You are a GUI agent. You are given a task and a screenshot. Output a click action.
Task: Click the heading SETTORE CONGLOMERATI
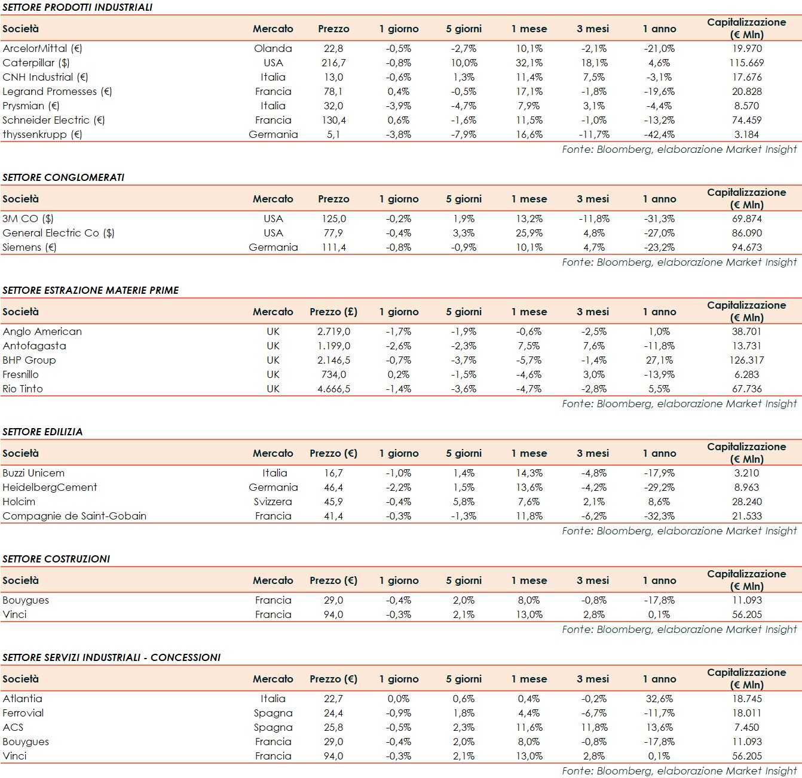(63, 177)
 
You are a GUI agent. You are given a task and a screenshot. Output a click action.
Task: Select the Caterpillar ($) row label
(36, 63)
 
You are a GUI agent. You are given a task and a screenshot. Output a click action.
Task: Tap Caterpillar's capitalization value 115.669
(746, 63)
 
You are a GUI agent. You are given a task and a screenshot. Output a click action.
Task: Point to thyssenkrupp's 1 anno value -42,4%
(659, 134)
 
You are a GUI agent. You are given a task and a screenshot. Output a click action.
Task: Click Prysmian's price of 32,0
(333, 106)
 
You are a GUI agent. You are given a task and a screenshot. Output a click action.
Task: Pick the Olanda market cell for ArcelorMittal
(273, 48)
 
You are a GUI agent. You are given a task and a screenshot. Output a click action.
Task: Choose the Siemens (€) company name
(29, 247)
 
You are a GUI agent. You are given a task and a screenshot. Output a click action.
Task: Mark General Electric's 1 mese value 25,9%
(529, 233)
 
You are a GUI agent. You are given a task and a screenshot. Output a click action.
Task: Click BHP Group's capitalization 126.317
(746, 360)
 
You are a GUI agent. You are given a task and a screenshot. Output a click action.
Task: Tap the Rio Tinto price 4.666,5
(333, 389)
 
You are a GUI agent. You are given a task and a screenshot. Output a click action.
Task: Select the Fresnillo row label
(20, 374)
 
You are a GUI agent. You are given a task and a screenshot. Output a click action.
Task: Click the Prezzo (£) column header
(333, 312)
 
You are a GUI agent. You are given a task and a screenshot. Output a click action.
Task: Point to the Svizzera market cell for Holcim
(273, 502)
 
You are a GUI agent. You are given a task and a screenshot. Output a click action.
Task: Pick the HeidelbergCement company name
(50, 487)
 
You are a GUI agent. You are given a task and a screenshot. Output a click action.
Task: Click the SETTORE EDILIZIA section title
(42, 432)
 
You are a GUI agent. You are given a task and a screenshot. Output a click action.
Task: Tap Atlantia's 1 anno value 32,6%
(659, 699)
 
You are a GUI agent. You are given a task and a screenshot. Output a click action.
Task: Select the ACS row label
(13, 727)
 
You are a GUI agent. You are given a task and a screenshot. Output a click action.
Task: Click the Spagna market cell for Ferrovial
(273, 713)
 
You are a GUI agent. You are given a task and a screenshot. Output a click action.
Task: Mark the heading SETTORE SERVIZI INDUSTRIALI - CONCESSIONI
(111, 657)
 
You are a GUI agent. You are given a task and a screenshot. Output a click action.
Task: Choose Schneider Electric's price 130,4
(333, 120)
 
